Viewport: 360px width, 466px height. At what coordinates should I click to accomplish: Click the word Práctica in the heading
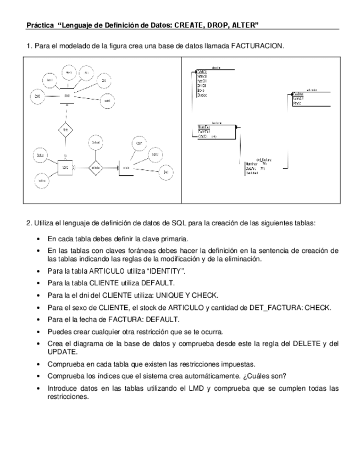(x=40, y=25)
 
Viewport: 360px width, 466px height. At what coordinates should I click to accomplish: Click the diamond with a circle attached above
(x=96, y=168)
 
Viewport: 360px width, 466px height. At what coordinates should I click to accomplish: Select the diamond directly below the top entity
(x=65, y=130)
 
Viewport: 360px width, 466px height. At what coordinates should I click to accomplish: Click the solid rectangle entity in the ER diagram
(x=65, y=167)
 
